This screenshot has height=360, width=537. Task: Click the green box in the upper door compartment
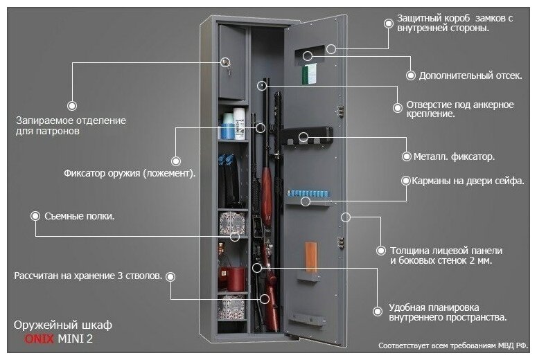point(311,71)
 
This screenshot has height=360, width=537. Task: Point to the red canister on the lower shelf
point(236,279)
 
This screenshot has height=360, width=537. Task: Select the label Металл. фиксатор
point(454,157)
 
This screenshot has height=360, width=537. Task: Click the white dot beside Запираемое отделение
point(71,105)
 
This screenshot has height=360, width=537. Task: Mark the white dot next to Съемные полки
point(35,216)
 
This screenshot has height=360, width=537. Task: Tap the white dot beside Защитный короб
point(387,23)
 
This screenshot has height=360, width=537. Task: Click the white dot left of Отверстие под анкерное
point(398,107)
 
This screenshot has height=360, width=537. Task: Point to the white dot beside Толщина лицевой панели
point(380,250)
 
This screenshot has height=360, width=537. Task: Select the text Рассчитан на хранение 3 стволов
point(88,276)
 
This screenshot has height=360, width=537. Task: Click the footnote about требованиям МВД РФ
point(453,344)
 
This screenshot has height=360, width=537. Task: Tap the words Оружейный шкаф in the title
point(62,325)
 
